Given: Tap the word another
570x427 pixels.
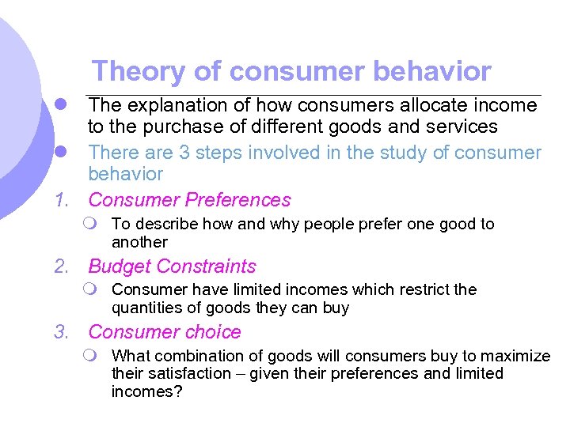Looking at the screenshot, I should (139, 243).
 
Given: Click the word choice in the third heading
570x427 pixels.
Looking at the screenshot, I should (214, 333).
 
